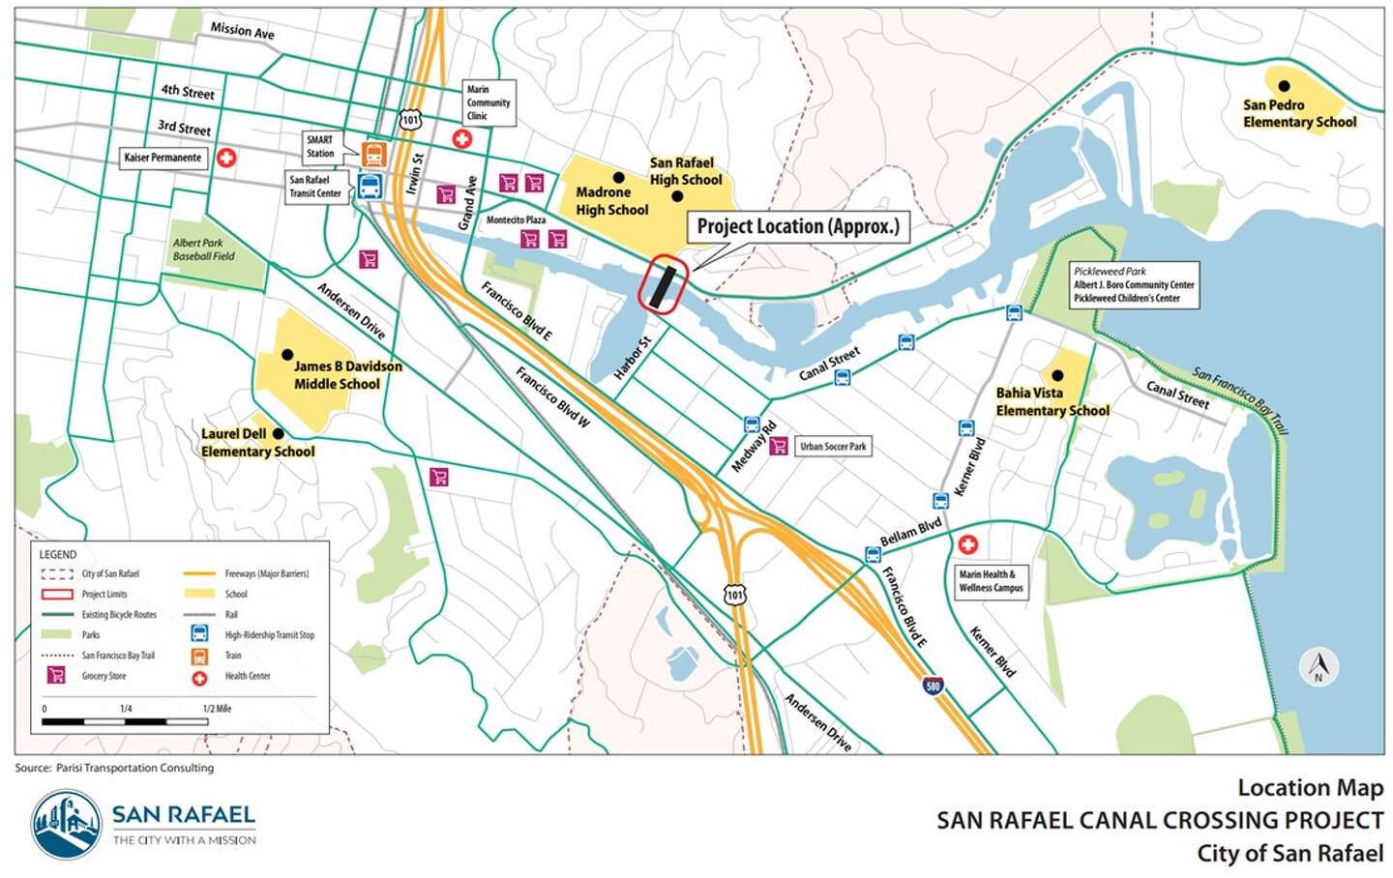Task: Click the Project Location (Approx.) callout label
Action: click(798, 227)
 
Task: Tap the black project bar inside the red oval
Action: click(663, 285)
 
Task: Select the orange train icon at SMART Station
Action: click(373, 154)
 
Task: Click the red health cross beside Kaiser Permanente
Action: click(226, 158)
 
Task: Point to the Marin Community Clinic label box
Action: click(489, 102)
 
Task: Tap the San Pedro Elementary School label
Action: click(1299, 113)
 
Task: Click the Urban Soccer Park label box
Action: click(832, 447)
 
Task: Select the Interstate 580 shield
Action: click(933, 687)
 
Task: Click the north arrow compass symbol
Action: click(1318, 666)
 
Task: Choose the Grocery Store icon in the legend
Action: click(56, 675)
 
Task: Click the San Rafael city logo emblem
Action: click(66, 825)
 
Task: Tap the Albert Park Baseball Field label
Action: click(203, 249)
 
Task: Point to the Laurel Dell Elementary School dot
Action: click(279, 434)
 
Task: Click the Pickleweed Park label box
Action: click(1134, 285)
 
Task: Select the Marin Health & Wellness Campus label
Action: click(990, 581)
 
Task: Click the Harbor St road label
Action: click(634, 357)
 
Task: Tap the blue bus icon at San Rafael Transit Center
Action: click(370, 187)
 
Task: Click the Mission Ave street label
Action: click(242, 31)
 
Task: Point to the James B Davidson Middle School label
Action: click(346, 375)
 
